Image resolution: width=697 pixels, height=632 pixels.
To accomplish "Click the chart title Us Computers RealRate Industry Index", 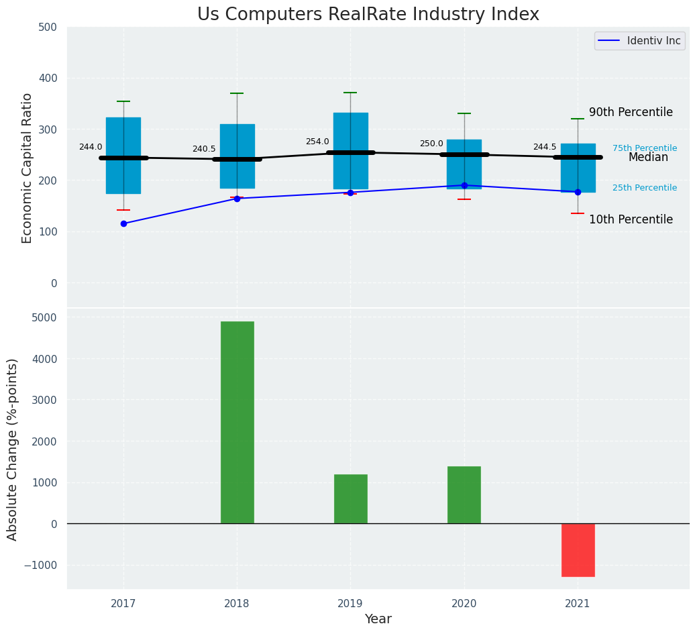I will [x=368, y=15].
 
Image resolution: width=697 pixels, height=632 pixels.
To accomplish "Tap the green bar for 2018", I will [x=237, y=422].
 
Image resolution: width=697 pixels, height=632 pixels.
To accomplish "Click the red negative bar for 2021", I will [x=578, y=549].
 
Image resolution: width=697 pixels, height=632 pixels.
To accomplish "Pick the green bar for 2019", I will [x=350, y=498].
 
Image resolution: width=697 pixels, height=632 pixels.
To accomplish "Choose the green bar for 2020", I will [x=464, y=494].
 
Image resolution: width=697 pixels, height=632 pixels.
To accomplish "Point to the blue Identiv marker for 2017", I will [x=123, y=223].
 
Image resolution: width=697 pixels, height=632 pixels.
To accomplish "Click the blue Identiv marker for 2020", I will [x=464, y=185].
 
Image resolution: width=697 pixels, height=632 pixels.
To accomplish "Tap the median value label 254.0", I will [x=317, y=142].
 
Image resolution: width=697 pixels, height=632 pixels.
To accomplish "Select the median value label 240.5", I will [x=204, y=149].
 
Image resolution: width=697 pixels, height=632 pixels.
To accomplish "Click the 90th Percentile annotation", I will [x=631, y=112].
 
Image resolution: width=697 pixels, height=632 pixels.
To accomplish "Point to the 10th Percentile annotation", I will [x=631, y=219].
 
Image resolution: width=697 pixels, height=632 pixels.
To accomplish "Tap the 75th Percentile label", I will [x=645, y=148].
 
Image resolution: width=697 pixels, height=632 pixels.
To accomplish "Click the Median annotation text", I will [x=648, y=158].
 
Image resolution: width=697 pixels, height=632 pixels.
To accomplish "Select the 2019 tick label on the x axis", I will [x=350, y=604].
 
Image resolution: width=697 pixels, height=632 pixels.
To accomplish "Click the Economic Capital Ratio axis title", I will [x=28, y=168].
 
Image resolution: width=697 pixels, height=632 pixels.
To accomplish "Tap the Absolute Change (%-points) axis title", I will [x=13, y=449].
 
